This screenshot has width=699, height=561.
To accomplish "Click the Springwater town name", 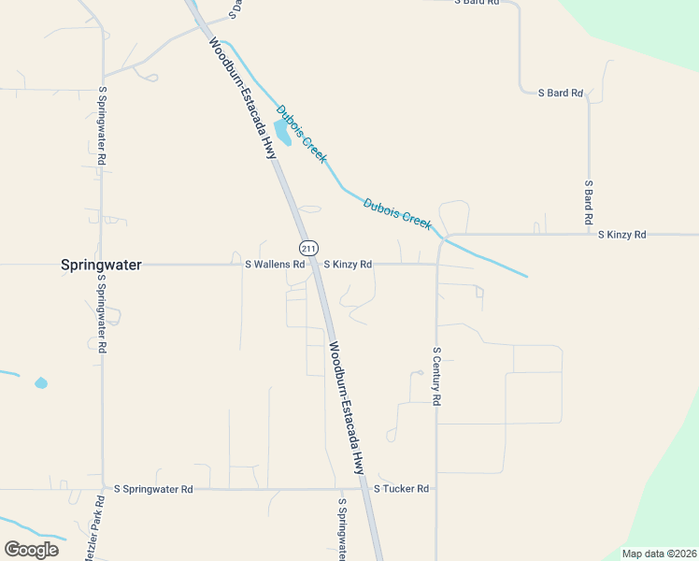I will (x=101, y=265).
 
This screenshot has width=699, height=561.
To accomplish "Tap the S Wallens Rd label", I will (x=275, y=265).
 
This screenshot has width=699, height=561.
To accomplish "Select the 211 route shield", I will (x=308, y=248).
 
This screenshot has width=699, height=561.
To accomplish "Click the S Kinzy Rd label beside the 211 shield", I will (x=348, y=265).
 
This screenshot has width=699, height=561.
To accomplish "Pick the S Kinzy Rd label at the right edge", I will (x=621, y=234).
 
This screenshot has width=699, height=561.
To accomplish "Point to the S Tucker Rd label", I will (x=401, y=489).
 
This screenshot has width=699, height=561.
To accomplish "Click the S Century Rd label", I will (x=436, y=376).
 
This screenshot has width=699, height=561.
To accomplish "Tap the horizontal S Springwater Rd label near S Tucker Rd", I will (x=153, y=489).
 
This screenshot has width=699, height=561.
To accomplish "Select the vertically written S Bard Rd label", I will (x=589, y=202).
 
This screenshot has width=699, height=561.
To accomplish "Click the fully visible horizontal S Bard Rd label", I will (x=561, y=93).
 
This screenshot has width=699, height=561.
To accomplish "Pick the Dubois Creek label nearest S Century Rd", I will (x=397, y=214).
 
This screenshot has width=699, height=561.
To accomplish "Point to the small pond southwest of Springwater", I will (x=40, y=382).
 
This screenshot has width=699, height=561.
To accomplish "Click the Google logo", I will (x=31, y=549).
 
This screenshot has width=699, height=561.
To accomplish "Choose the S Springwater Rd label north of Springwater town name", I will (x=102, y=126).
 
